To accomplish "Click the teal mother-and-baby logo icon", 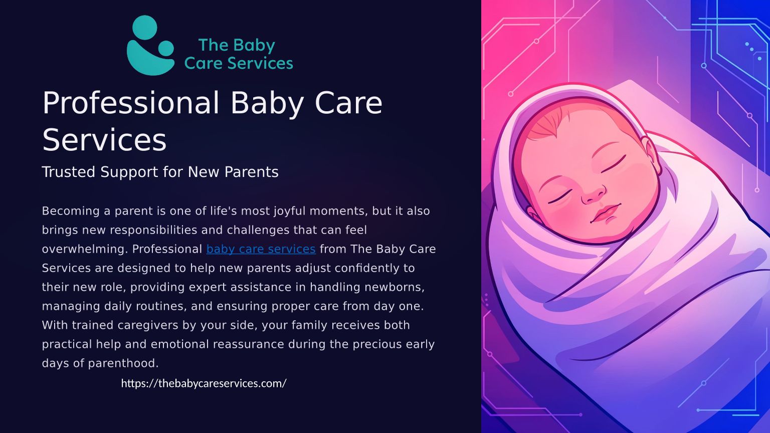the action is tap(150, 46).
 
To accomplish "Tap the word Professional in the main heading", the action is tap(131, 104).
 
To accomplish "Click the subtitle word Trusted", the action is tap(68, 172).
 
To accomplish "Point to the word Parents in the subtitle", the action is tap(251, 172).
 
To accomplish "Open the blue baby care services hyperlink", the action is tap(261, 249).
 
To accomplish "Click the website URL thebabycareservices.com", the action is tap(204, 383).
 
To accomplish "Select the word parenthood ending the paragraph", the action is tap(123, 363).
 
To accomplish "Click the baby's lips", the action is tap(606, 213).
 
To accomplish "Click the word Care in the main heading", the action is tap(348, 103).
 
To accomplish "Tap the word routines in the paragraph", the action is tap(161, 306).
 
